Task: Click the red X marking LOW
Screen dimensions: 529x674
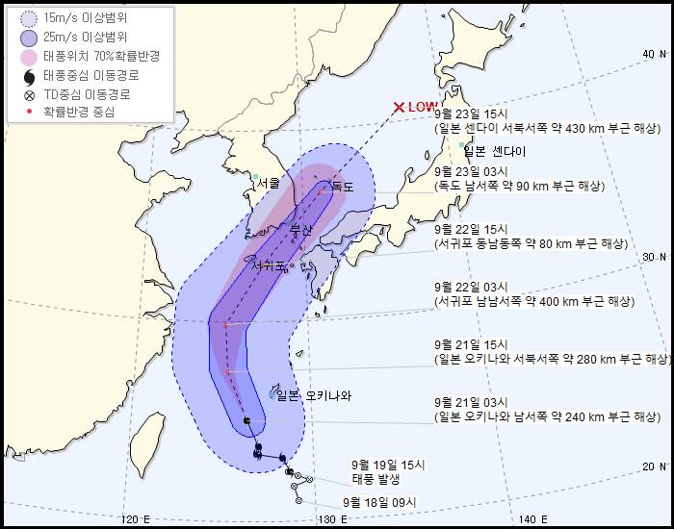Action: click(399, 108)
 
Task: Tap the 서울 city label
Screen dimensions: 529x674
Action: click(268, 182)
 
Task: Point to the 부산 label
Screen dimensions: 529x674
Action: click(301, 231)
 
